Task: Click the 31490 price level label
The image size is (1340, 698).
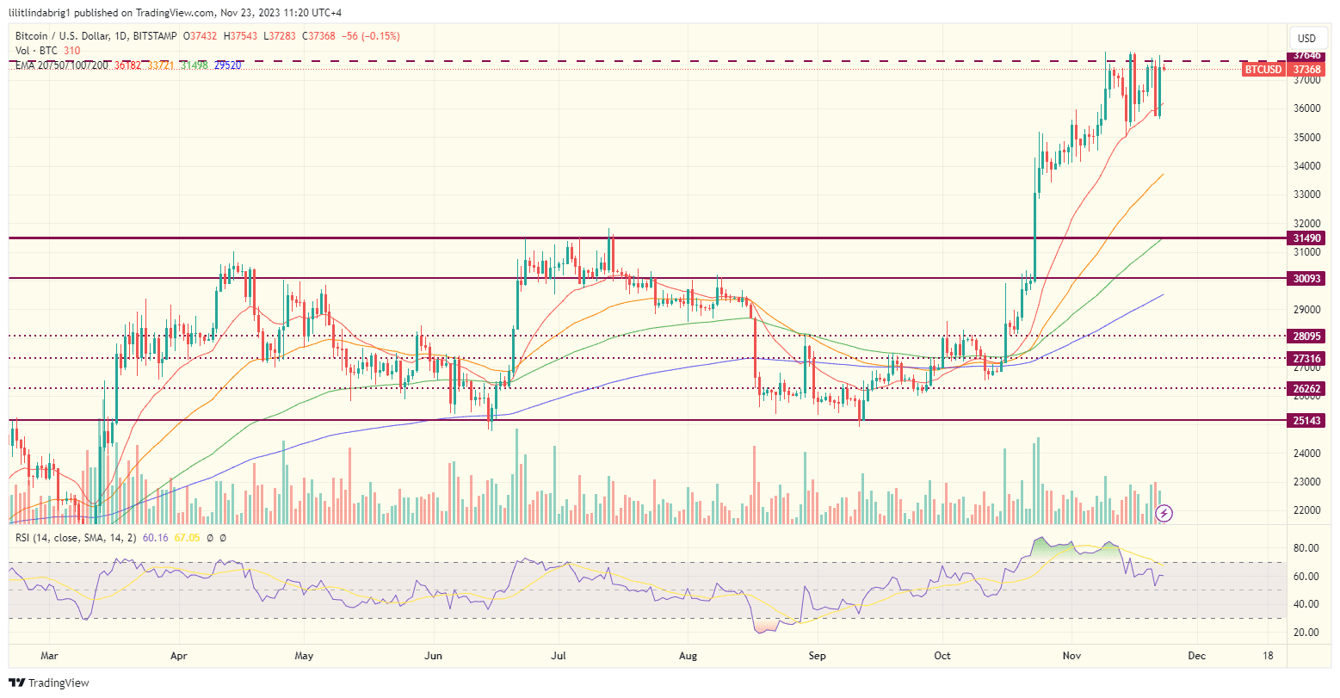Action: click(1306, 238)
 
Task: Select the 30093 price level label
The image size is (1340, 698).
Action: click(1306, 279)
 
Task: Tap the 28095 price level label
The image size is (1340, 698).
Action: click(1306, 336)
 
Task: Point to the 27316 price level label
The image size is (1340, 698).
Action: click(1306, 358)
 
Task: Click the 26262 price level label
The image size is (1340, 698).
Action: click(1306, 388)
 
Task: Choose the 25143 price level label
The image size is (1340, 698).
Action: click(1306, 421)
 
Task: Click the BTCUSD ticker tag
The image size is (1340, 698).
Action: click(1263, 69)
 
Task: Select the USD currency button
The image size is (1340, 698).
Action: click(1306, 38)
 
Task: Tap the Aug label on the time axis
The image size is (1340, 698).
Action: click(689, 655)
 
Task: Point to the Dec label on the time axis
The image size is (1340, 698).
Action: click(1196, 655)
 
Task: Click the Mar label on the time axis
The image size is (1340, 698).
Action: click(50, 655)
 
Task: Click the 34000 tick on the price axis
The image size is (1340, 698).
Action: click(1306, 166)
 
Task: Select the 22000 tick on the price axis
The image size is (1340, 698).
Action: click(1306, 510)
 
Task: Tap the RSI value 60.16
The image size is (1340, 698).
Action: click(155, 538)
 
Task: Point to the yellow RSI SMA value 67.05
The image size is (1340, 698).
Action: click(187, 538)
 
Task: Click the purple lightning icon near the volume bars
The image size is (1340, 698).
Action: click(1164, 513)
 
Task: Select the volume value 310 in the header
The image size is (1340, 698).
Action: click(71, 51)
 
